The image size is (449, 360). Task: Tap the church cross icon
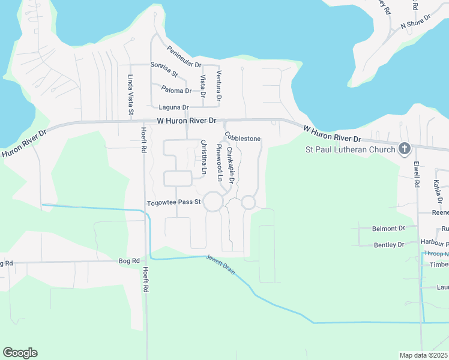[x=405, y=149]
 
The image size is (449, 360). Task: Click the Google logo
[x=20, y=353]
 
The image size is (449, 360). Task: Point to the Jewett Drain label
[x=220, y=263]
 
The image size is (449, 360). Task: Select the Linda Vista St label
[x=130, y=94]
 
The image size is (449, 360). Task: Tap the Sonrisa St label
[x=164, y=69]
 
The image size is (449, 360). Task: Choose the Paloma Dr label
[x=176, y=91]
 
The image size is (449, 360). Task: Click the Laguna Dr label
[x=173, y=107]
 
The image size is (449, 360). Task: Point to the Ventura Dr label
[x=219, y=85]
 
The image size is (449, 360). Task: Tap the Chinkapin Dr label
[x=229, y=162]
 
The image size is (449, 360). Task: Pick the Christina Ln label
[x=203, y=157]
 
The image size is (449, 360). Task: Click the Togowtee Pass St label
[x=173, y=202]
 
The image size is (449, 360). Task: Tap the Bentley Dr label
[x=388, y=245]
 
